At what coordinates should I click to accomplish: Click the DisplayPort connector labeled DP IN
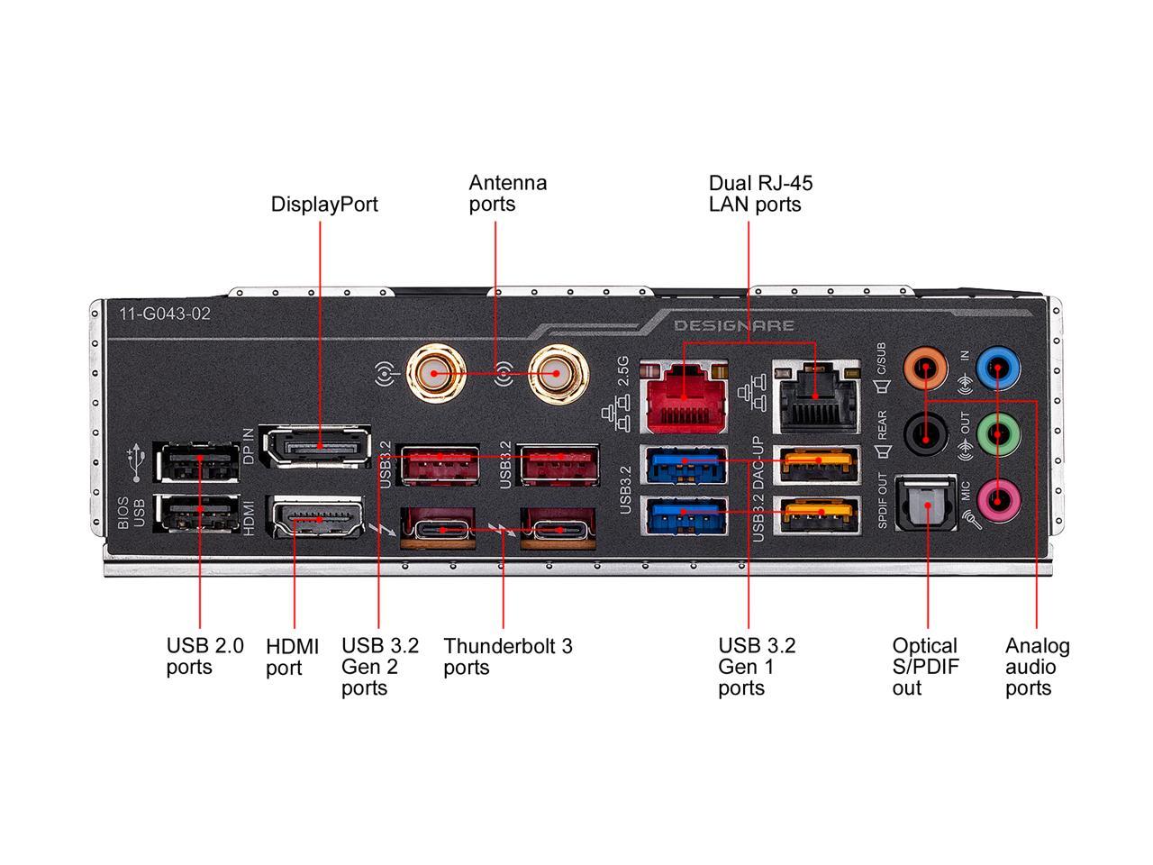click(315, 447)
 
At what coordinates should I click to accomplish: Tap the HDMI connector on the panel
click(317, 520)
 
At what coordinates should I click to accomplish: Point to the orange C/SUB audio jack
click(925, 368)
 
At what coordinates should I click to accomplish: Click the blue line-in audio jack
click(998, 367)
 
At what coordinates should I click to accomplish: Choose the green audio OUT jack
click(998, 435)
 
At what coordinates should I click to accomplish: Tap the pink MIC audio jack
click(998, 496)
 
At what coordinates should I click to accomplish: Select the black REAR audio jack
click(925, 435)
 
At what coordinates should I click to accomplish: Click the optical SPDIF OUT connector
click(925, 510)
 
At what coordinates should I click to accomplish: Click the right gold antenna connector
click(555, 372)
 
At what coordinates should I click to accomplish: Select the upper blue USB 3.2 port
click(684, 464)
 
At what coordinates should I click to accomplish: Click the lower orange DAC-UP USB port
click(819, 515)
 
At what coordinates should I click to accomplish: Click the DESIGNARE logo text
click(734, 325)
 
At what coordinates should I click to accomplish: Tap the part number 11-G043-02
click(165, 314)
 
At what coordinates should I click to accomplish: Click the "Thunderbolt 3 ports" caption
click(507, 657)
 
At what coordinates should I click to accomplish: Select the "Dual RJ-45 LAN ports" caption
click(760, 194)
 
